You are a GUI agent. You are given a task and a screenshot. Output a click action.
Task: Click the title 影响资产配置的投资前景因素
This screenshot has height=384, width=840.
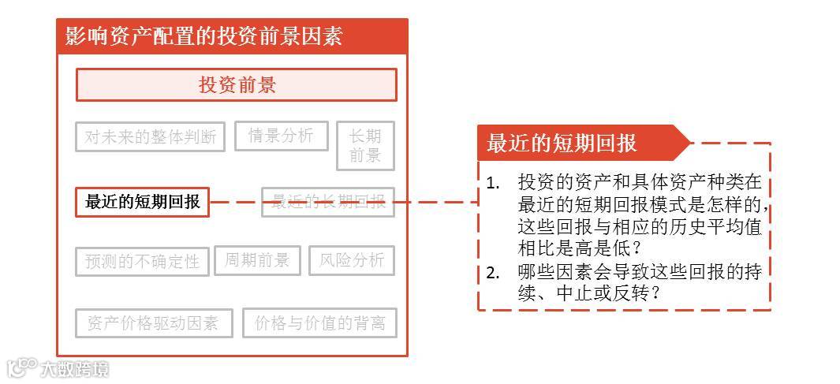click(x=203, y=36)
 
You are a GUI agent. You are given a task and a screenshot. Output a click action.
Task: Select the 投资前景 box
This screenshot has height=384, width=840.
click(x=237, y=85)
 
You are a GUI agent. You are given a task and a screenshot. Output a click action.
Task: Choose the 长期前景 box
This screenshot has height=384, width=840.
click(x=365, y=145)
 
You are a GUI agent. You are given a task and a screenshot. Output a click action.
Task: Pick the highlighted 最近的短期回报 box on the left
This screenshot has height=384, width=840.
click(x=143, y=202)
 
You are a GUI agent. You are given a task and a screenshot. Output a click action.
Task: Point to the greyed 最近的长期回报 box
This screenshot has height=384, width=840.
click(x=328, y=202)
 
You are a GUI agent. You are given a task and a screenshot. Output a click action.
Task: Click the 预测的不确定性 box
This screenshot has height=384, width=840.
click(x=143, y=261)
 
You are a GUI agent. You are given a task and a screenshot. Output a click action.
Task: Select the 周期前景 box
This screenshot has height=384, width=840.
click(x=257, y=260)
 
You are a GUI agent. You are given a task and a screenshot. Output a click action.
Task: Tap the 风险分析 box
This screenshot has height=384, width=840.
click(x=352, y=260)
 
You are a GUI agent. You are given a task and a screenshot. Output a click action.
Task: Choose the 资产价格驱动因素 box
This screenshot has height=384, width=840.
click(x=154, y=323)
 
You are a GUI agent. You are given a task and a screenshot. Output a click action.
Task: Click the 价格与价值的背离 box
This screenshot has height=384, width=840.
click(x=319, y=323)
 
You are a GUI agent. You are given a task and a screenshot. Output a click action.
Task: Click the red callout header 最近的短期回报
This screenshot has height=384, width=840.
click(x=562, y=144)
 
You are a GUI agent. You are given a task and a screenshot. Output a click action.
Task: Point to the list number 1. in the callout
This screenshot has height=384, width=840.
click(x=493, y=184)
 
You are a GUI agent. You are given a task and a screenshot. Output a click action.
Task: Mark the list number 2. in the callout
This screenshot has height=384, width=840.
click(x=493, y=273)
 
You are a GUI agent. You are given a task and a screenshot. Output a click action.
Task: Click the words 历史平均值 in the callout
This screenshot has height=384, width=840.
click(x=718, y=229)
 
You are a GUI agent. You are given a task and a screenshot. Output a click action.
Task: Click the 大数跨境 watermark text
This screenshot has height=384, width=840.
click(x=75, y=368)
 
